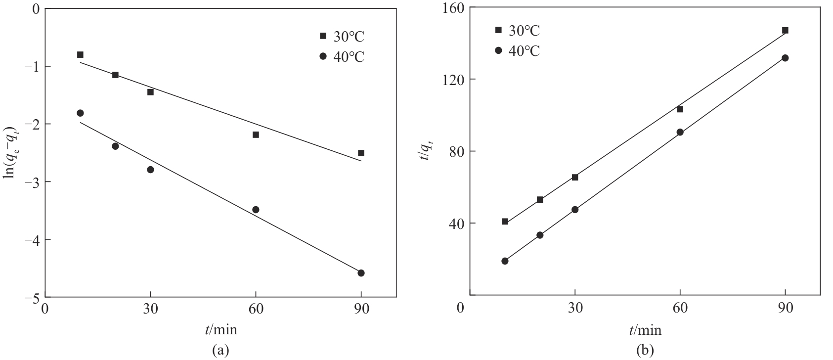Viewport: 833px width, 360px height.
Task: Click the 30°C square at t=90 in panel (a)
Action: tap(361, 153)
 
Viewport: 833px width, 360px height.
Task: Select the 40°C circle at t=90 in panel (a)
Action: tap(361, 273)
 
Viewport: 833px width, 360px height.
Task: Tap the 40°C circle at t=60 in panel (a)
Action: tap(256, 210)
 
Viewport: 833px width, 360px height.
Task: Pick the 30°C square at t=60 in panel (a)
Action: tap(256, 135)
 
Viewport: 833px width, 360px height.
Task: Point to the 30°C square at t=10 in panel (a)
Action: tap(80, 54)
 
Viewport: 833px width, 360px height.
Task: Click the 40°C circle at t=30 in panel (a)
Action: tap(150, 170)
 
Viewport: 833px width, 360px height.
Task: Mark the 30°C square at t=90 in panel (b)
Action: tap(785, 31)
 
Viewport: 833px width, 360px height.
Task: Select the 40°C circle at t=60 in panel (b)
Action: tap(680, 132)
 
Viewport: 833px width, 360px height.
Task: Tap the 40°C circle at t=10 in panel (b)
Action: tap(505, 261)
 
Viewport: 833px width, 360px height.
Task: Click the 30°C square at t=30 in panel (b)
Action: tap(575, 177)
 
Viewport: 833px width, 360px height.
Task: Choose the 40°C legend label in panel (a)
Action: tap(349, 57)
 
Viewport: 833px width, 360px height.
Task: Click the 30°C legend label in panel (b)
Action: tap(524, 31)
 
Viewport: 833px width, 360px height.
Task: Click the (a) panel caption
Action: tap(220, 351)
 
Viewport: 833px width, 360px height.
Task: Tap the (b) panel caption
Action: tap(645, 351)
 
